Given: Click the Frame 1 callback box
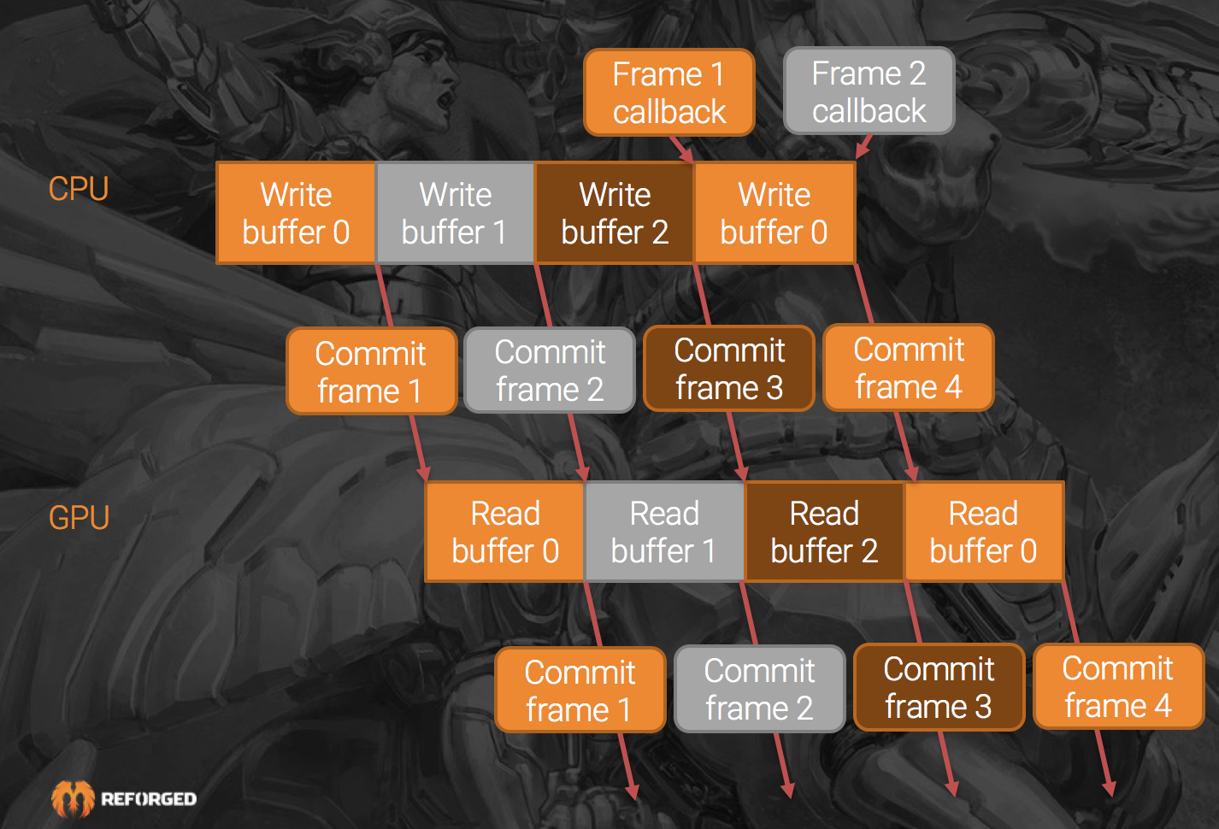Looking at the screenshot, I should point(668,92).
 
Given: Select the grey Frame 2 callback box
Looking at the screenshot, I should point(869,91).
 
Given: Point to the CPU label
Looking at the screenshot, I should point(79,189).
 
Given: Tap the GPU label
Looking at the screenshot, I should point(79,518).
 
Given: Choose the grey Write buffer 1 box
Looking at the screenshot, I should point(455,213).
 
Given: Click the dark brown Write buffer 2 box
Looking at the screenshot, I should point(614,213).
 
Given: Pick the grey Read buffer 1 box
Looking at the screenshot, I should point(664,532).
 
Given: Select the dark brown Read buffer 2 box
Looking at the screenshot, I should point(824,532).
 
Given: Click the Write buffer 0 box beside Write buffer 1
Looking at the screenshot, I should point(296,213).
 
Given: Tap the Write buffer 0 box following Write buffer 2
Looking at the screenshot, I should point(774,213).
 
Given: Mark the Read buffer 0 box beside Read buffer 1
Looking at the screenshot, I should point(504,532).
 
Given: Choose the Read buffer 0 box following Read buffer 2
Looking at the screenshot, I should point(983,532).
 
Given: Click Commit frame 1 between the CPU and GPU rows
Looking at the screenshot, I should point(371,372).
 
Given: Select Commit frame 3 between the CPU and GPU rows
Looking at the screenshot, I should point(729,368).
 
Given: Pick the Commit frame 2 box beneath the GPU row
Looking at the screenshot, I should point(759,689).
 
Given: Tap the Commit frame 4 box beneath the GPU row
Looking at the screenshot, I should point(1118,687).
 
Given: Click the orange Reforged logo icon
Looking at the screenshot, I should point(73,799).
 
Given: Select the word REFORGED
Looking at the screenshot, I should point(149,799).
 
